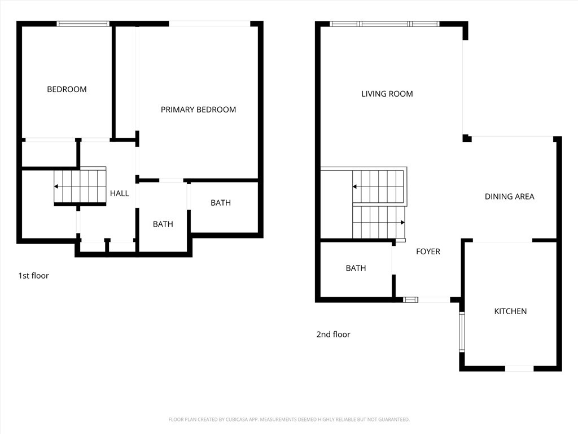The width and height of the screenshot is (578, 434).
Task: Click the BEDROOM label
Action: [x=67, y=89]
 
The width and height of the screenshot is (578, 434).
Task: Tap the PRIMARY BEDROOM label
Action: [x=198, y=110]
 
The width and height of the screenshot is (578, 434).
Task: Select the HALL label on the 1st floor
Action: [x=119, y=193]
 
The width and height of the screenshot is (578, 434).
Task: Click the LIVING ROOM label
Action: [x=387, y=94]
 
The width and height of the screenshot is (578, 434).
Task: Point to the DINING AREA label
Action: [x=509, y=197]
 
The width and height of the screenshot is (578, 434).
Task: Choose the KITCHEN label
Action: [x=510, y=311]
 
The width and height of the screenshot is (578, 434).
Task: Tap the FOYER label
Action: [x=428, y=251]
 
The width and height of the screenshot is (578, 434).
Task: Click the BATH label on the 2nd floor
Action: [x=356, y=268]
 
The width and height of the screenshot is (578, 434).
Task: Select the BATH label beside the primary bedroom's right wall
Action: [x=220, y=203]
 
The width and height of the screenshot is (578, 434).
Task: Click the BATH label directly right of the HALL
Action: [x=163, y=224]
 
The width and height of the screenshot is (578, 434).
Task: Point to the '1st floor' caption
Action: [x=33, y=276]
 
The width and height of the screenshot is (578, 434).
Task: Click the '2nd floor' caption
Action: [x=333, y=335]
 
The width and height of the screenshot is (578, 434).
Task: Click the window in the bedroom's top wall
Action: [x=83, y=24]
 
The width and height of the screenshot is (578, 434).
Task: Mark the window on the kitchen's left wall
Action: [x=462, y=332]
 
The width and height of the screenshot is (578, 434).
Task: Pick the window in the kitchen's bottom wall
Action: [x=519, y=368]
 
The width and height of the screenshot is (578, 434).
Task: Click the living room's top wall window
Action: [x=384, y=24]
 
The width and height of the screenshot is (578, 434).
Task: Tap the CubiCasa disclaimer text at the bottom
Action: [x=289, y=419]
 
